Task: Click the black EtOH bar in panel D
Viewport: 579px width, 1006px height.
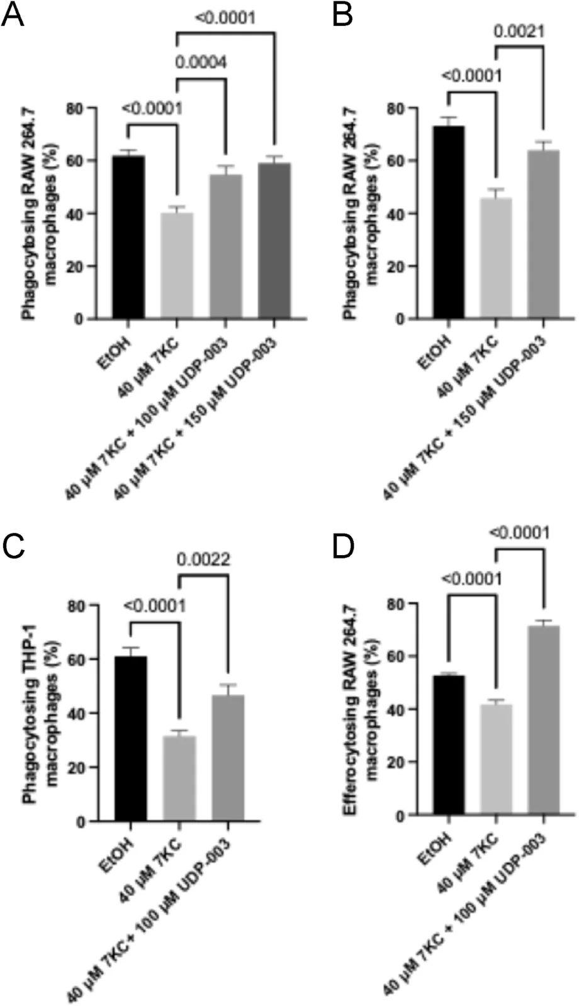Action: [x=448, y=745]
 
